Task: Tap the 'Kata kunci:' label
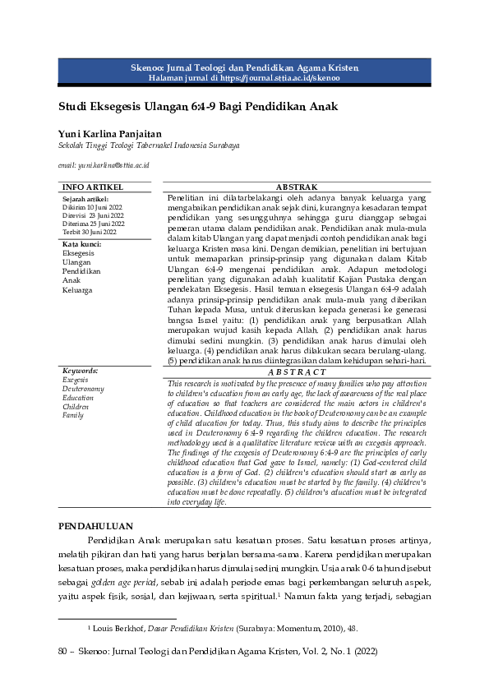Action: click(x=82, y=244)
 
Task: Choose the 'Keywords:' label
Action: click(x=80, y=371)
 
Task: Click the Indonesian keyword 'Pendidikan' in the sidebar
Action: click(x=81, y=271)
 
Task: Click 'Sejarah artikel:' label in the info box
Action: click(x=85, y=199)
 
